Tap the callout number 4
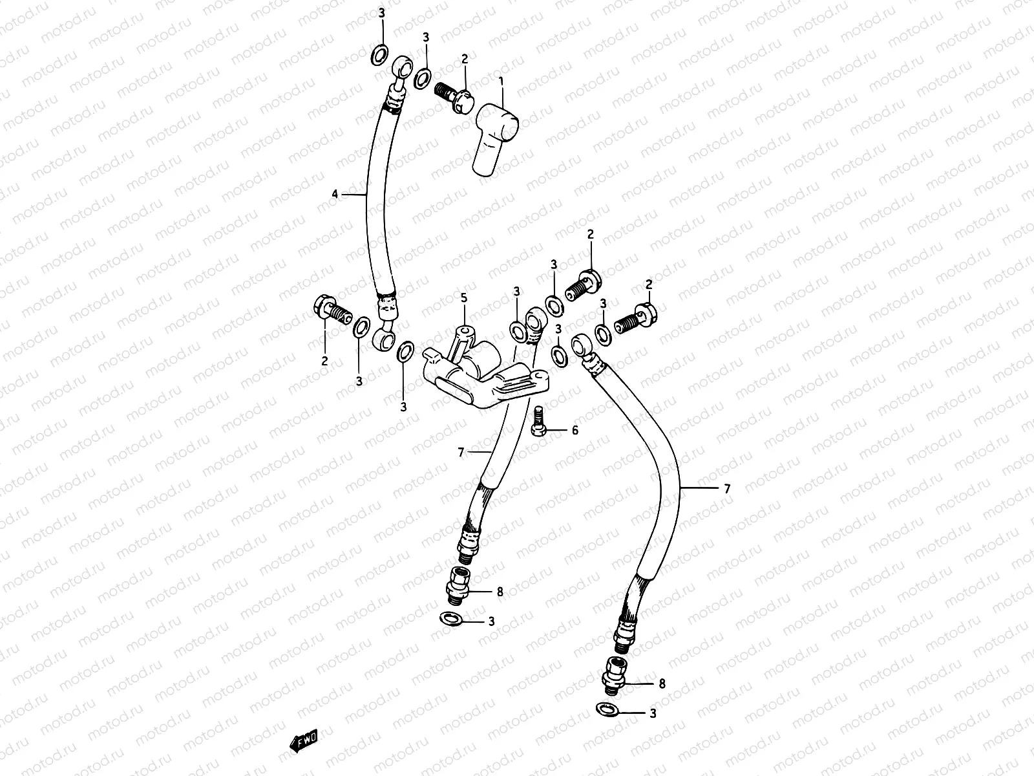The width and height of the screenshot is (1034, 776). coord(335,194)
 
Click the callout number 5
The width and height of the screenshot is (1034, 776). coord(463,298)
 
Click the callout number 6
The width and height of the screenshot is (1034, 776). coord(575,430)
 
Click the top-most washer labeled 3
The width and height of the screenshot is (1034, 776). coord(381,54)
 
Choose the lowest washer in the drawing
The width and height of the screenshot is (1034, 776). coord(606,710)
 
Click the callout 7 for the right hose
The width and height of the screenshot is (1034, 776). coord(727,490)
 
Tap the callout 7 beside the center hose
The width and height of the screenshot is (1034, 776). coord(461,453)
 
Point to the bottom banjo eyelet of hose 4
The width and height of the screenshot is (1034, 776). coord(383,337)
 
